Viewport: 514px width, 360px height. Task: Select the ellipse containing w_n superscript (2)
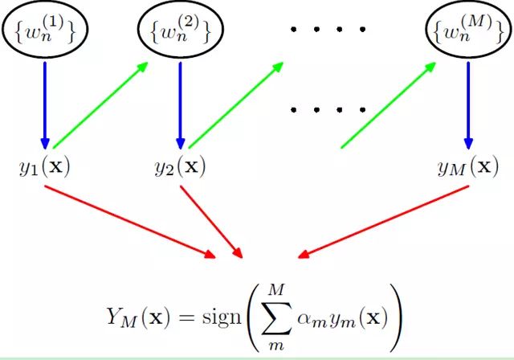point(181,31)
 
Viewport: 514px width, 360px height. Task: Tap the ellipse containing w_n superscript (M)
point(468,31)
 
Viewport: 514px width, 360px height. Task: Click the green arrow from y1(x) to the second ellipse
point(100,104)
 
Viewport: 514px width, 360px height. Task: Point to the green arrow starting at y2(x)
point(237,104)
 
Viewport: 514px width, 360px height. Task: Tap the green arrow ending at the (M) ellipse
point(394,104)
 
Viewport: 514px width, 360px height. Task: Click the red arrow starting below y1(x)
point(128,221)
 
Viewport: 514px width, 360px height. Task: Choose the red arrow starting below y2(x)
point(210,221)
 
